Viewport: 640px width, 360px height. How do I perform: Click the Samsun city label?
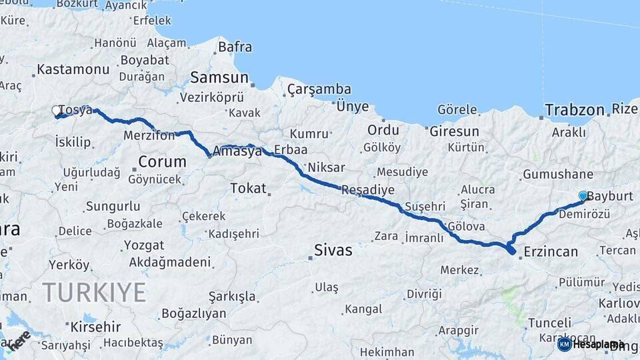coord(219,77)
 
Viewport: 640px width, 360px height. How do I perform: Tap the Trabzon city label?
coord(574,109)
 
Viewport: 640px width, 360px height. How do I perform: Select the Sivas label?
coord(333,251)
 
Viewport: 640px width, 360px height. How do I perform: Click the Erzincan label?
coord(551,251)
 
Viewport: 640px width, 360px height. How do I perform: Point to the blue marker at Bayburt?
coord(583,195)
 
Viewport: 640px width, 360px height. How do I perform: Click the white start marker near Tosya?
coord(57,111)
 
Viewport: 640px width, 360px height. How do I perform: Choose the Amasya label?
coord(237,151)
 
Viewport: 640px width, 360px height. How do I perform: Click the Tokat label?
coord(248,189)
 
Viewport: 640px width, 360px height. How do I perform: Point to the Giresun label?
coord(454,131)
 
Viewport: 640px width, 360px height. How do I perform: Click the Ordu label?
coord(383,129)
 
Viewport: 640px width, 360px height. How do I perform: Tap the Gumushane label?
coord(558,175)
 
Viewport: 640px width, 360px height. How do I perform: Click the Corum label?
coord(162,161)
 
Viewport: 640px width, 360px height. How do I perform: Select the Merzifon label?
coord(149,135)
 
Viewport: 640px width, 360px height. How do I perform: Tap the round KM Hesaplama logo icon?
coord(564,344)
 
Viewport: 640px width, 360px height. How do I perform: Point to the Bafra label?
coord(235,47)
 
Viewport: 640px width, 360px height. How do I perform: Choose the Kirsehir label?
coord(94,327)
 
